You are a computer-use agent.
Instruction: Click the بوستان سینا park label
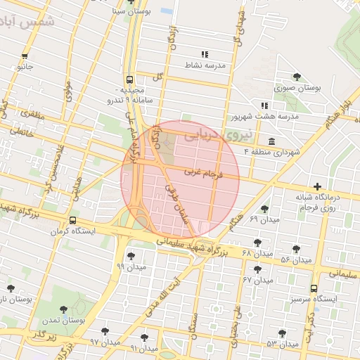pos(129,11)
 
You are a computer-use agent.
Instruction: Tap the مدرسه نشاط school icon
pos(205,54)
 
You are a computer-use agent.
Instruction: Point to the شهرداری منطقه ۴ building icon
pos(272,141)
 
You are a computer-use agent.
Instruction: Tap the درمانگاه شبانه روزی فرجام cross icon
pos(318,187)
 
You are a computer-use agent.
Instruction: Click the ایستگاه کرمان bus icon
pos(73,218)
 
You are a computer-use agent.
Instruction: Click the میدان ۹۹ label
pos(131,267)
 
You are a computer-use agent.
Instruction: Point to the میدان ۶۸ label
pos(256,253)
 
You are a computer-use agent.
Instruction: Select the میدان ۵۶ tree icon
pos(296,249)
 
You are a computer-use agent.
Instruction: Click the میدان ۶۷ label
pos(257,280)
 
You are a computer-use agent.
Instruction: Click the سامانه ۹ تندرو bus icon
pos(129,79)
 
